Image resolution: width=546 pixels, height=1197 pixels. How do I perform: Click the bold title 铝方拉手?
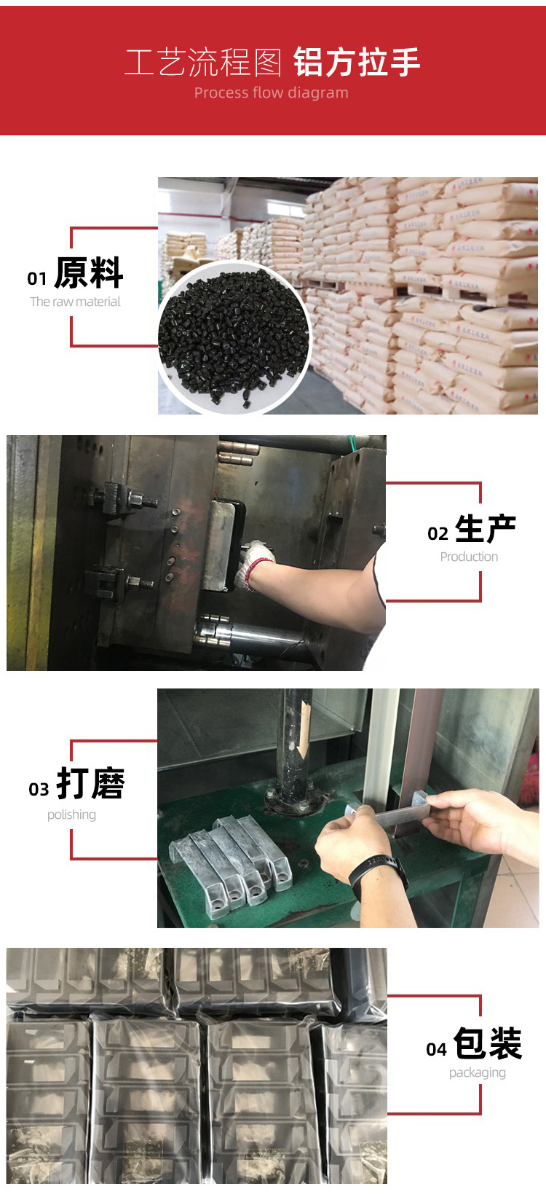[x=357, y=62]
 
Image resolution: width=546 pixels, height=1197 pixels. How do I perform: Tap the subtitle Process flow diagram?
[x=271, y=93]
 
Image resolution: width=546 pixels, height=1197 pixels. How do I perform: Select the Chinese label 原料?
[x=89, y=273]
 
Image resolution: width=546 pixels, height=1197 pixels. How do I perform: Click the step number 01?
[x=37, y=279]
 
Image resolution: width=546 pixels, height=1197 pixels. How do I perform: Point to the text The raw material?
[x=75, y=302]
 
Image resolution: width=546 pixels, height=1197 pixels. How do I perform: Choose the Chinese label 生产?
[x=486, y=529]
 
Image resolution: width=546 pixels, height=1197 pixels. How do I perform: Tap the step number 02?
[x=438, y=534]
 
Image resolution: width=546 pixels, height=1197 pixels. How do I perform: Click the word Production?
[x=469, y=557]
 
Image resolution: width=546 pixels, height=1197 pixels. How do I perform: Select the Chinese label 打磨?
[x=90, y=784]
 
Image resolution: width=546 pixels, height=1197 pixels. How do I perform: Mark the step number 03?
[x=39, y=790]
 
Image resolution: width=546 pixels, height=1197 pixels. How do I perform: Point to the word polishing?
[x=71, y=815]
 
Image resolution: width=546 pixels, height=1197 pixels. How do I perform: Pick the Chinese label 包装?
[x=488, y=1043]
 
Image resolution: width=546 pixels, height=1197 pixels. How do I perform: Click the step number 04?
[x=436, y=1049]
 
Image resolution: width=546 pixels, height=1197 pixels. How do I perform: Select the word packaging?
[x=477, y=1072]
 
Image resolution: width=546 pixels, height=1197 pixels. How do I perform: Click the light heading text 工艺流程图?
[x=203, y=63]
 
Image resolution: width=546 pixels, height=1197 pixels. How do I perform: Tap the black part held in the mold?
[x=222, y=543]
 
